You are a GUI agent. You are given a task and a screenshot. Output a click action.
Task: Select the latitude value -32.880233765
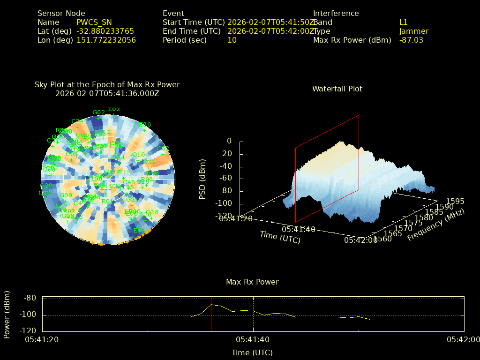coord(105,31)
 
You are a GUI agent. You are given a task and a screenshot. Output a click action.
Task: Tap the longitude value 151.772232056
coord(106,40)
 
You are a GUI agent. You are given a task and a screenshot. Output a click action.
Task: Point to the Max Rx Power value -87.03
coord(411,40)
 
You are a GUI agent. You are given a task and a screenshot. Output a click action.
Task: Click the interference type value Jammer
coord(414,31)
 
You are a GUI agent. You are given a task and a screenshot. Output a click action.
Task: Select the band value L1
coord(404,22)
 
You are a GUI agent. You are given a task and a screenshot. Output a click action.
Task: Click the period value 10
coord(232,40)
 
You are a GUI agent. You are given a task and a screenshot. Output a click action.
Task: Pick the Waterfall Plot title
coord(337,89)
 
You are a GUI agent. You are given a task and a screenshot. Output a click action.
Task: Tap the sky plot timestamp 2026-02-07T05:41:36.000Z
coord(107,93)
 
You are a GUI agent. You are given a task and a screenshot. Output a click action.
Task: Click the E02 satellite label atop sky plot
coord(114,109)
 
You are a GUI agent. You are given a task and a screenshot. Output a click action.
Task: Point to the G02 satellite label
coord(98,112)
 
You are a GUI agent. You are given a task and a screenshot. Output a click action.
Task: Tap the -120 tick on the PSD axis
coord(223,216)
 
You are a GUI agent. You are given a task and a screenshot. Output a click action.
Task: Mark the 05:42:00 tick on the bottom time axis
coord(463,340)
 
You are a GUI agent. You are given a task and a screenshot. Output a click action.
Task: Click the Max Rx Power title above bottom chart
coord(252,282)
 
